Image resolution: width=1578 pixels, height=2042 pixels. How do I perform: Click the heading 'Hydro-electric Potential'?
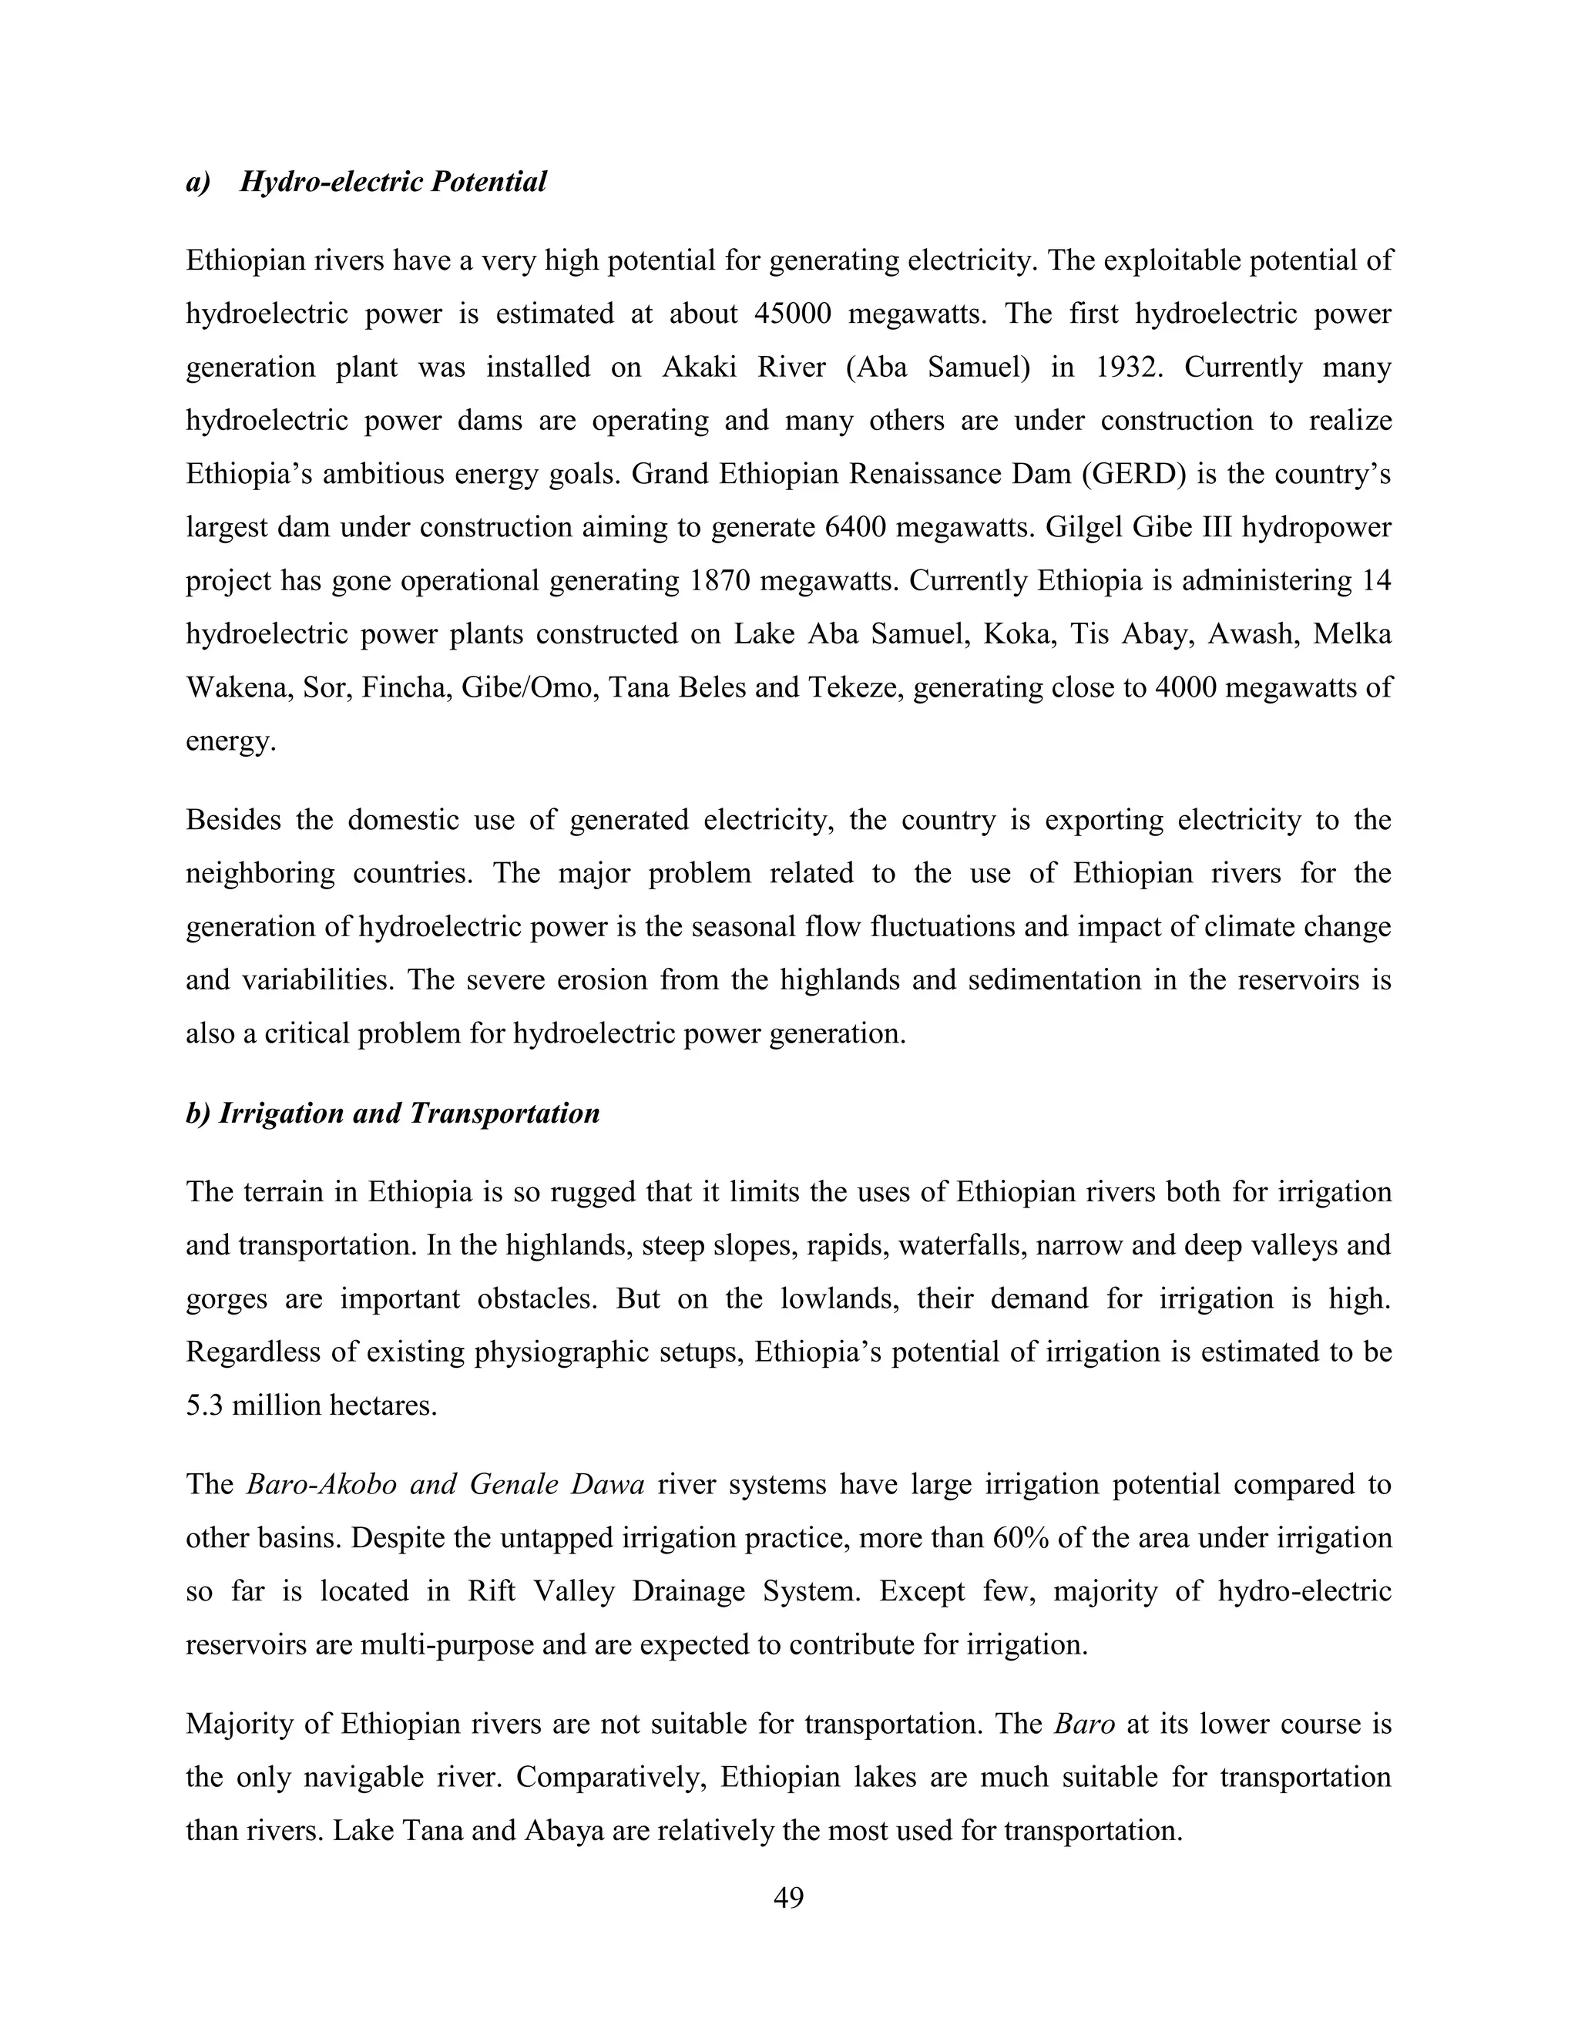[x=393, y=181]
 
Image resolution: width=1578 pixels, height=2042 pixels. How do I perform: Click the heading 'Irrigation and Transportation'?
[x=408, y=1113]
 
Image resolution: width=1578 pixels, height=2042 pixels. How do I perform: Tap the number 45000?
[x=792, y=314]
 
